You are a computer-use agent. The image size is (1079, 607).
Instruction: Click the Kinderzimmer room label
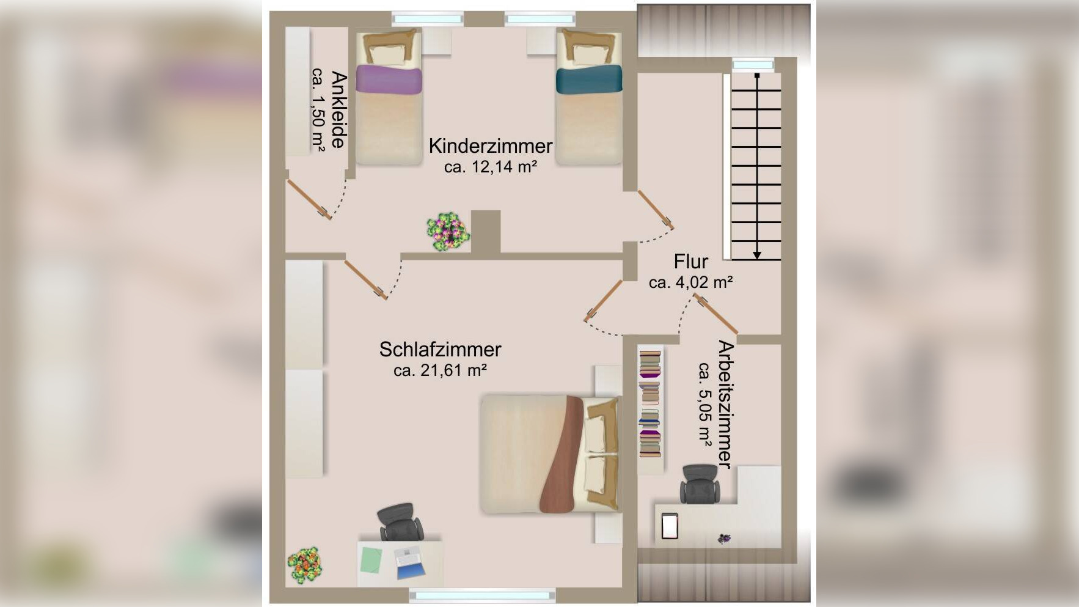[491, 146]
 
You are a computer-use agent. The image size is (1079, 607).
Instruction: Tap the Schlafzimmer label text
[440, 350]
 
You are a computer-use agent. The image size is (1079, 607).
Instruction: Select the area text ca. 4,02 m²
[691, 282]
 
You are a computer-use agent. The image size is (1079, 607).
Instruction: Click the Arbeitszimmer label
[725, 404]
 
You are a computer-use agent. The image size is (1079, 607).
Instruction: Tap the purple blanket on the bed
[389, 79]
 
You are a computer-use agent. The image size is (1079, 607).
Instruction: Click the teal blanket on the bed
[589, 79]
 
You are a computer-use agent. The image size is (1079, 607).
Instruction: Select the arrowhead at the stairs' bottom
[757, 254]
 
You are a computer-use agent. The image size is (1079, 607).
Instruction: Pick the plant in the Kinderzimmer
[448, 232]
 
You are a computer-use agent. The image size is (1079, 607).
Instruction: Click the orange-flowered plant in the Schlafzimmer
[305, 565]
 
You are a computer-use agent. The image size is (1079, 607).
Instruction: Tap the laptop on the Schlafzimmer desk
[409, 563]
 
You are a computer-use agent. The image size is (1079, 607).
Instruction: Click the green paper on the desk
[371, 560]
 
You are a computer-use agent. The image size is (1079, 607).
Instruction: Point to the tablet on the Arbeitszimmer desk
[670, 526]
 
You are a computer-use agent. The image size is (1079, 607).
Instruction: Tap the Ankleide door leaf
[310, 199]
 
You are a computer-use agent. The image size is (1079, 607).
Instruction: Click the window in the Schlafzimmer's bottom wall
[482, 595]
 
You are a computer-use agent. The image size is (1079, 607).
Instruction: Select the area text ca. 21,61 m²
[440, 370]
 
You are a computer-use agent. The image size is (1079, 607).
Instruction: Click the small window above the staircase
[753, 64]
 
